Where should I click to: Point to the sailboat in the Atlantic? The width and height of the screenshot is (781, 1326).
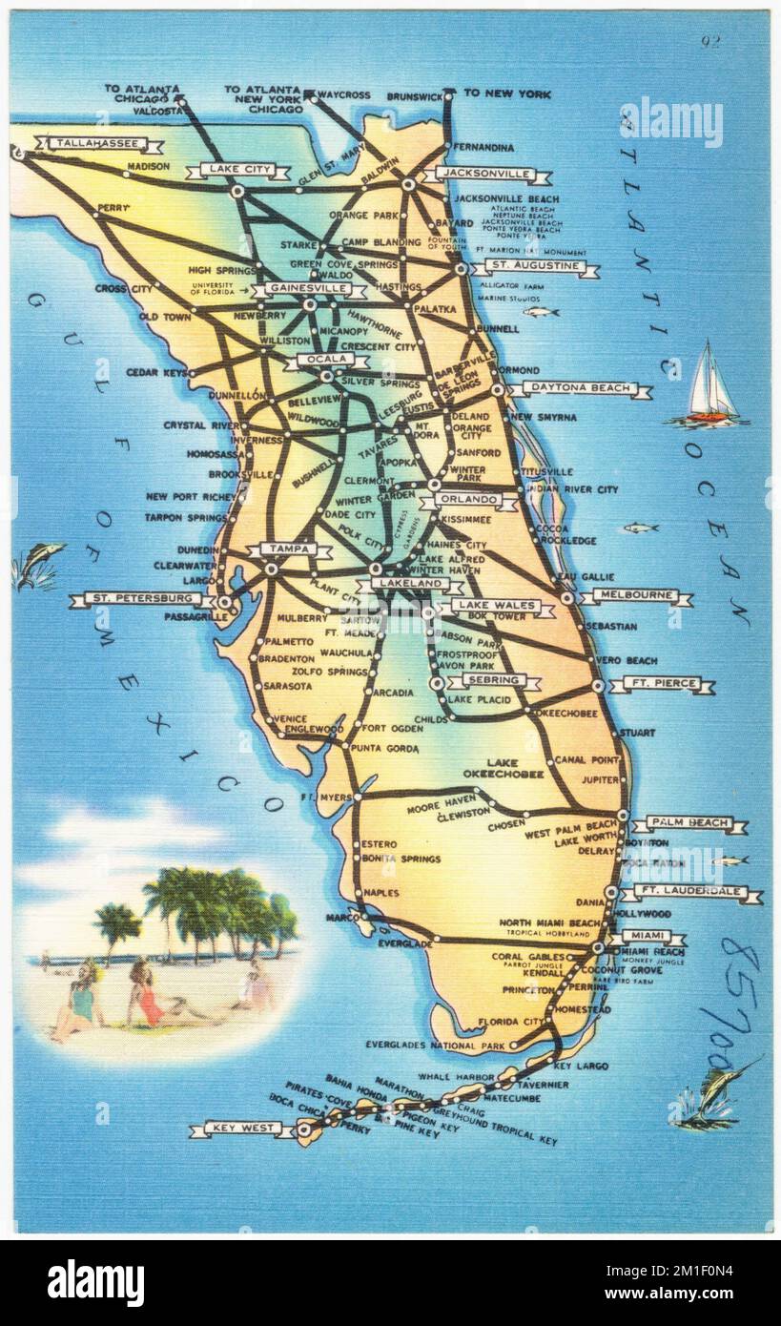pos(710,386)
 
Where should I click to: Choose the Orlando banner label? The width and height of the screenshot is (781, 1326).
pos(467,500)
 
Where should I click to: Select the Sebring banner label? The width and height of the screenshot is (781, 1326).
pos(493,681)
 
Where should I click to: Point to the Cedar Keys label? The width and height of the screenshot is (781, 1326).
pos(156,373)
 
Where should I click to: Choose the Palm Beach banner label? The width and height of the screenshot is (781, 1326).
pos(689,822)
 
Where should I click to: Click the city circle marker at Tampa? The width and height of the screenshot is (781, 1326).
pos(272,569)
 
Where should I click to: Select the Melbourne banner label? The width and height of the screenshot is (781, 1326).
pos(634,596)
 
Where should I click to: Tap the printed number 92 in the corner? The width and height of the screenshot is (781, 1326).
pos(709,41)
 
